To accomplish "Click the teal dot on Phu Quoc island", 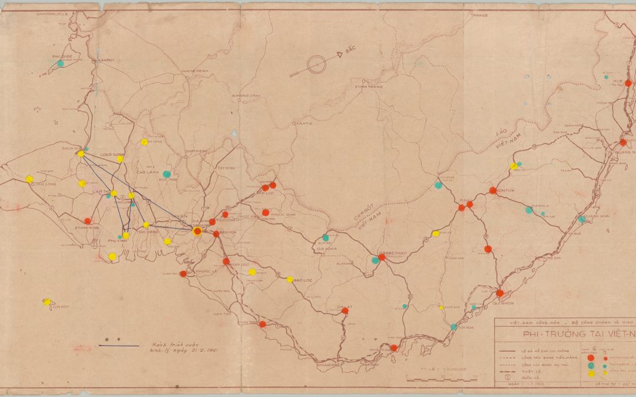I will tap(60, 63).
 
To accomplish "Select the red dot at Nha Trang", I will tap(393, 348).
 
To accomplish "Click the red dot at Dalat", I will tap(345, 312).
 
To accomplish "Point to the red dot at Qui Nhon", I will tap(499, 293).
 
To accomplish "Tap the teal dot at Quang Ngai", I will tap(582, 219).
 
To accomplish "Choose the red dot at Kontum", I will tap(492, 191).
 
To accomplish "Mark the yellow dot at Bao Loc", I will tap(290, 279).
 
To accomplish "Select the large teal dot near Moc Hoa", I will tap(167, 174).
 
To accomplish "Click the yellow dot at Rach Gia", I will tap(81, 154).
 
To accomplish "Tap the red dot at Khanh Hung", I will tap(88, 221).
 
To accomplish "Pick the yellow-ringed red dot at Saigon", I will tap(197, 232).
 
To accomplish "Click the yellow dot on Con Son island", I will tap(47, 302).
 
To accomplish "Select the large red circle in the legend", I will tap(591, 358).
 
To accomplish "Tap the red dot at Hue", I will tap(628, 83).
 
